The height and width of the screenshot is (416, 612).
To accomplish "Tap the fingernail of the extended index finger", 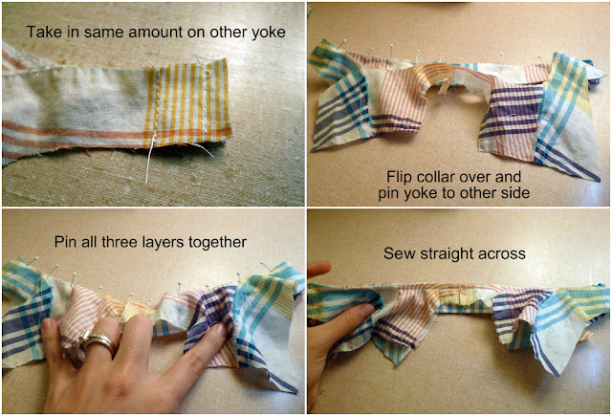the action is point(222,330).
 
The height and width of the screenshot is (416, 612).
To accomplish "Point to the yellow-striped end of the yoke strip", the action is point(186,102).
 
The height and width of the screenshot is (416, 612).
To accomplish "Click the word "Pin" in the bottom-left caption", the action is point(65,242).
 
